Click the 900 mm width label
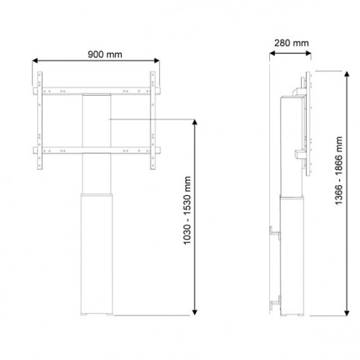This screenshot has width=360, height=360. pos(98,53)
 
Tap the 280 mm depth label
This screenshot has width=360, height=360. pos(291,42)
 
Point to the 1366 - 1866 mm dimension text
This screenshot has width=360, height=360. pos(339,184)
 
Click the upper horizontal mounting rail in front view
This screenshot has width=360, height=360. pos(97,90)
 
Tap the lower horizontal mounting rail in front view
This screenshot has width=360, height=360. pos(97,150)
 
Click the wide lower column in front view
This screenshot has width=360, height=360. pos(97,252)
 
